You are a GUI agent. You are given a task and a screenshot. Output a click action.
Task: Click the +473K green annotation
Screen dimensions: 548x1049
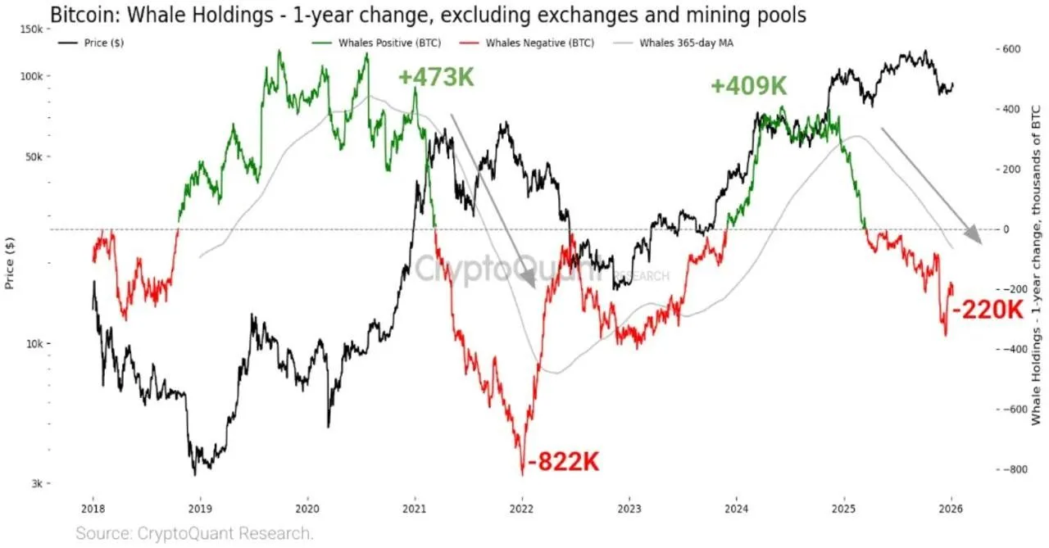(x=436, y=77)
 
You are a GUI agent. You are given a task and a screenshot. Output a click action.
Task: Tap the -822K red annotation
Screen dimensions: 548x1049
(x=564, y=462)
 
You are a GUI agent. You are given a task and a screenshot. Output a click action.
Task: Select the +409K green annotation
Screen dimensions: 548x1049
(x=748, y=86)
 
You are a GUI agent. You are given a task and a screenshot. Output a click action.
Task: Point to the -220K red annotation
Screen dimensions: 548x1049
(x=988, y=310)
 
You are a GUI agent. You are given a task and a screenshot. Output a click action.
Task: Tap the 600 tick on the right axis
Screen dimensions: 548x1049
(x=1007, y=49)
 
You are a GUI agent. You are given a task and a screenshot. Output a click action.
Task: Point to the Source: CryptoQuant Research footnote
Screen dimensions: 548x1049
(x=195, y=533)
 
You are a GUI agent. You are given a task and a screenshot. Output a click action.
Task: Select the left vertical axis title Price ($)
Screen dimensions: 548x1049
(x=10, y=261)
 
